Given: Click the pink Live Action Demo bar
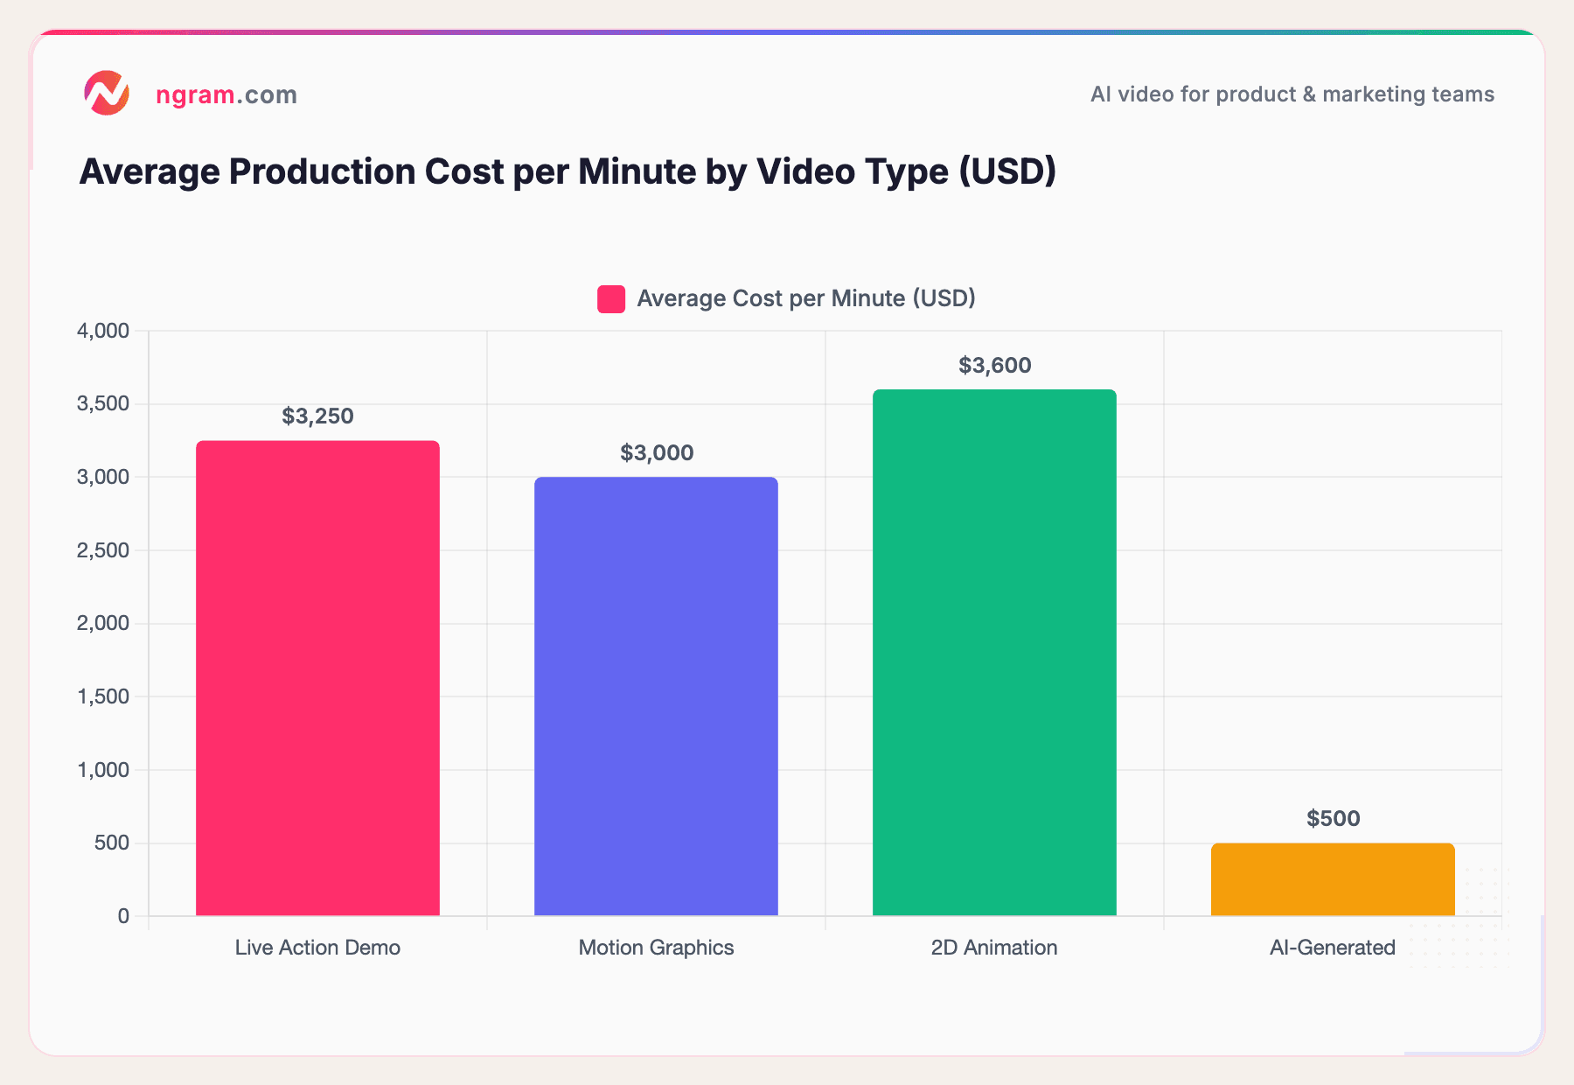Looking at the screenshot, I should click(317, 678).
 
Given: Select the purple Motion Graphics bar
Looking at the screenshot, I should click(656, 696).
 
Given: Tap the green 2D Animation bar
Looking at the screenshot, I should click(994, 653).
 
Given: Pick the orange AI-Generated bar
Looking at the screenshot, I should click(1333, 879).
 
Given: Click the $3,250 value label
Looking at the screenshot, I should click(317, 416).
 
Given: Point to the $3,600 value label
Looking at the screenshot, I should click(994, 366).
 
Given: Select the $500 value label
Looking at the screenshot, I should click(1333, 819).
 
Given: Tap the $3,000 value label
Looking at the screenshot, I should click(656, 453).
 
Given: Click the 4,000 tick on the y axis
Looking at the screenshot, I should click(103, 331).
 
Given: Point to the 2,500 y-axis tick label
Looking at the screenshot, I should click(103, 550).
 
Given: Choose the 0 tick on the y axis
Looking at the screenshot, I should click(123, 916).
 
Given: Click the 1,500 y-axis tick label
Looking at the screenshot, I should click(103, 696).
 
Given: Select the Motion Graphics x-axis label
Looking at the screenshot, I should click(656, 948).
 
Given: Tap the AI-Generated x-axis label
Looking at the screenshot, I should click(1332, 948).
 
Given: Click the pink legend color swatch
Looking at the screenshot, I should click(611, 299).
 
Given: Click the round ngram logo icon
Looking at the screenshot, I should click(107, 94).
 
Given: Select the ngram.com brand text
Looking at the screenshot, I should click(226, 94).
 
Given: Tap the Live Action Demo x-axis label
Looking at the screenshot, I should click(317, 948).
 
